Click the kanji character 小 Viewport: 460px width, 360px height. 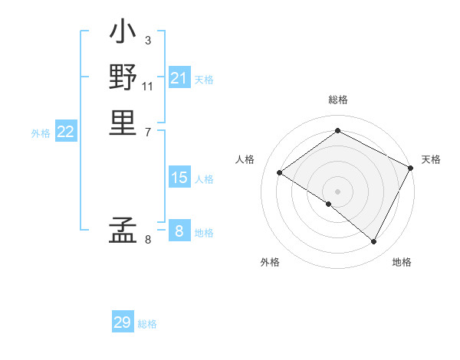[x=123, y=35]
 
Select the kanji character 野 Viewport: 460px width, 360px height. [x=123, y=78]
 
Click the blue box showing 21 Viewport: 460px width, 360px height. [x=179, y=78]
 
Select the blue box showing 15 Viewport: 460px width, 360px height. [x=179, y=178]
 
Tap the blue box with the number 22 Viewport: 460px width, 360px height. [x=66, y=132]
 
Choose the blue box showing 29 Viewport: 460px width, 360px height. [x=123, y=322]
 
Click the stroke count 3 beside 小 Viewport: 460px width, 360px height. [x=147, y=41]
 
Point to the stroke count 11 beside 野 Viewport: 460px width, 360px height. [x=148, y=85]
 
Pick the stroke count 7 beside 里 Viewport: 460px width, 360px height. [x=147, y=131]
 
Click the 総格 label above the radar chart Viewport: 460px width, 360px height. [x=338, y=100]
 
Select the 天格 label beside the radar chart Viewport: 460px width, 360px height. [x=431, y=159]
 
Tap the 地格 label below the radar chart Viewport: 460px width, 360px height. [x=402, y=262]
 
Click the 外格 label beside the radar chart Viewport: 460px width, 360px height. [x=270, y=262]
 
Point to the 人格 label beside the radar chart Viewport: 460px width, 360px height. [x=245, y=159]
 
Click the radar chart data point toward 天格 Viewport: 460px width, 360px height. [x=411, y=168]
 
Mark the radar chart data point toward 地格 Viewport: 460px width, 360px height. [x=374, y=242]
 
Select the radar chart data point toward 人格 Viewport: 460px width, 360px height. [x=280, y=172]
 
